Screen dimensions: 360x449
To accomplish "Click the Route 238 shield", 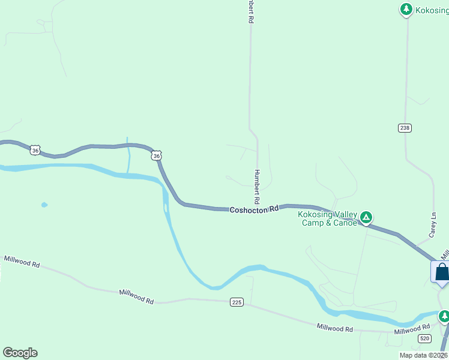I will click(405, 128).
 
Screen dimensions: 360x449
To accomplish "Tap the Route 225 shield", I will click(237, 302).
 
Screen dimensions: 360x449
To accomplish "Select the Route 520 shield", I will click(424, 339).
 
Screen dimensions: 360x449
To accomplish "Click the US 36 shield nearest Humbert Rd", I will click(157, 156).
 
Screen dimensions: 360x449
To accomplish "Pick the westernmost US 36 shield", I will click(35, 151).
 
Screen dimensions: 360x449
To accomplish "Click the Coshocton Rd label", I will click(255, 209).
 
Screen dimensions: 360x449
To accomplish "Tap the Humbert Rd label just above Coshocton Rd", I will click(257, 185).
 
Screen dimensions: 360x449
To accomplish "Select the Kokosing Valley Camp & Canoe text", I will click(328, 218).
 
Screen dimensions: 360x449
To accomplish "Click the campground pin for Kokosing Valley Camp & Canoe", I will click(365, 217).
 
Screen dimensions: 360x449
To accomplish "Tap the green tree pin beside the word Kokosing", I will click(406, 9).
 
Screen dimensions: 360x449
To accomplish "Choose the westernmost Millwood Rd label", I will click(22, 262).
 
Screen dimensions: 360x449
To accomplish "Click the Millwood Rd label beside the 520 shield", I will click(412, 329).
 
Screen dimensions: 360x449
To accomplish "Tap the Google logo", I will click(20, 353).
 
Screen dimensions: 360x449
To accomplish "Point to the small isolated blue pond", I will click(44, 205).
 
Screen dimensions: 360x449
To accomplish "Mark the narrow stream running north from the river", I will click(128, 158).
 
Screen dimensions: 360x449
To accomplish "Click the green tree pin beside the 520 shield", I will click(444, 315).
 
